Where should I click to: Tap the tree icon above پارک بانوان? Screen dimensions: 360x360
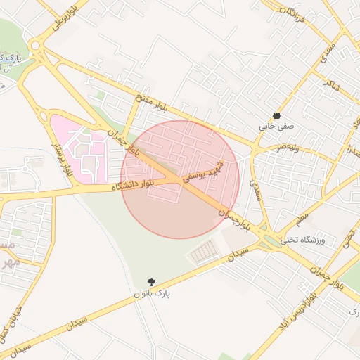(x=153, y=281)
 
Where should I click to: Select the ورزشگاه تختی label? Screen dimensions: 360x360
(x=303, y=240)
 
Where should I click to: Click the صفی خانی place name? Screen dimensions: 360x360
(x=274, y=127)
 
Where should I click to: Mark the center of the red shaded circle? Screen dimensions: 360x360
(x=180, y=179)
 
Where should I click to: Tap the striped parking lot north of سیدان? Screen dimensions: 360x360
(x=205, y=250)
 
